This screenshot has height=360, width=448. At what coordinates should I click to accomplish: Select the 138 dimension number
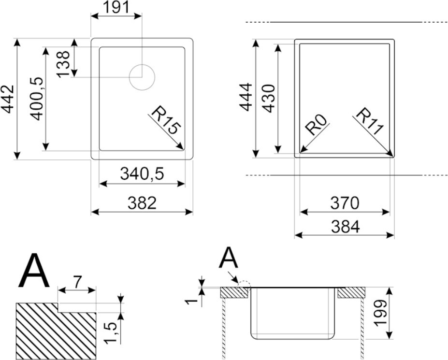[x=63, y=64]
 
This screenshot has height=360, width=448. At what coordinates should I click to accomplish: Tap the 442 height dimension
[x=7, y=99]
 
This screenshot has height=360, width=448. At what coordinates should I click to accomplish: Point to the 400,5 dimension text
[x=38, y=99]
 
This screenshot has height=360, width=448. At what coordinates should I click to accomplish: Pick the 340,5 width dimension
[x=142, y=173]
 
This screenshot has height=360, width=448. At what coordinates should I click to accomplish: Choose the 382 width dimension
[x=142, y=203]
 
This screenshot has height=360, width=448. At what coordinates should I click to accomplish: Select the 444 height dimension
[x=246, y=97]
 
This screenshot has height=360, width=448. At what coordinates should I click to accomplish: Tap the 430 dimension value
[x=269, y=98]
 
